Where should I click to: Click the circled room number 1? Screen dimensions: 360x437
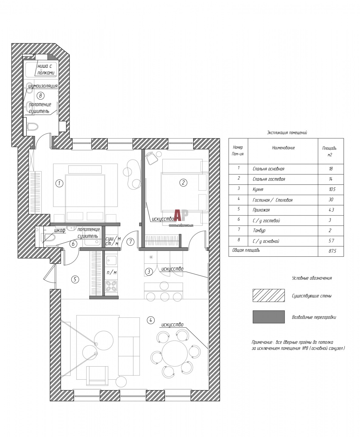59,183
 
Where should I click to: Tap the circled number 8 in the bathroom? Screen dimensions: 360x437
40,96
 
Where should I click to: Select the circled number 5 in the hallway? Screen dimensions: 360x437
75,279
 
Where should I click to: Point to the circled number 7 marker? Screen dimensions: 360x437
130,242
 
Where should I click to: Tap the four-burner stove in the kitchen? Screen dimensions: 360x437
111,286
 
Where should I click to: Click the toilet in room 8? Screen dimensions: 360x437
33,127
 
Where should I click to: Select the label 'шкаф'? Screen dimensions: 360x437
60,230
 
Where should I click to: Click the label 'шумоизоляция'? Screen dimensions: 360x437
43,86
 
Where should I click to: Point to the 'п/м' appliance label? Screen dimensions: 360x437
111,273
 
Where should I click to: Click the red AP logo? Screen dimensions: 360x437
181,215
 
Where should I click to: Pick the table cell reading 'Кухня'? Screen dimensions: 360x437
258,190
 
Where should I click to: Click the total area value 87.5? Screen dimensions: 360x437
332,251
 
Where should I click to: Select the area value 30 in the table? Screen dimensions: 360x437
331,200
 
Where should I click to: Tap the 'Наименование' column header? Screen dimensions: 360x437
283,148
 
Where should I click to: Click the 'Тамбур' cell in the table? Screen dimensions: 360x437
259,230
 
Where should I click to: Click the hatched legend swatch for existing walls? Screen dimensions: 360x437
269,296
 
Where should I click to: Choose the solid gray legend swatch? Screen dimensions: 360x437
269,317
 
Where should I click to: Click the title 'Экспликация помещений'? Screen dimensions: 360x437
287,133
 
